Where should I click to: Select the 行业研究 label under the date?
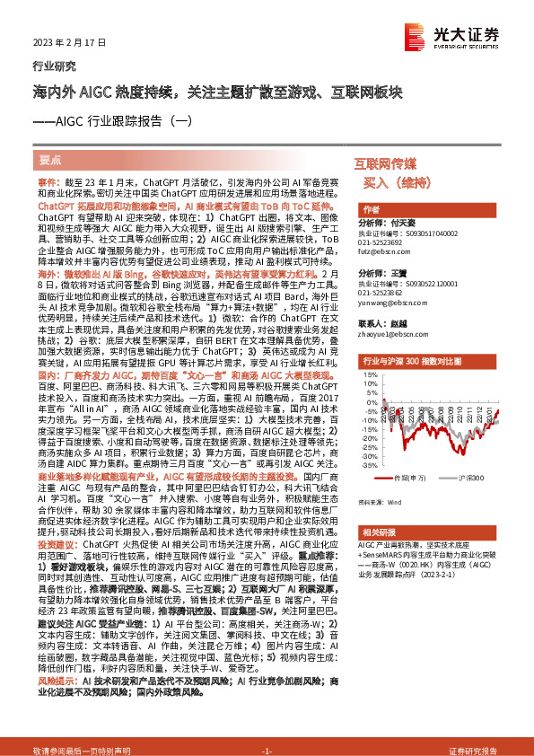[x=50, y=66]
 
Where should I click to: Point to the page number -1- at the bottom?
[x=267, y=749]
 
